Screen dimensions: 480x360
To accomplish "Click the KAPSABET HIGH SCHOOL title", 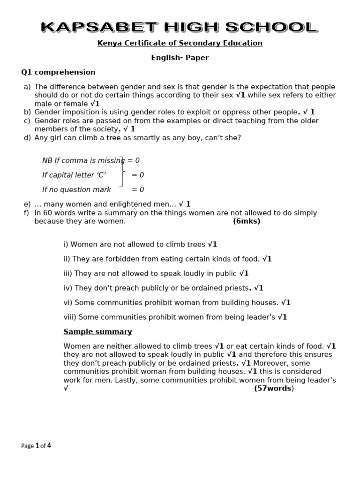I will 180,28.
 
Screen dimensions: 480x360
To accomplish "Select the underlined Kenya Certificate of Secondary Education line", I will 180,43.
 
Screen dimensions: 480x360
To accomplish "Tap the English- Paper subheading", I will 180,58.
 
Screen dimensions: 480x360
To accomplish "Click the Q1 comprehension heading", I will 58,72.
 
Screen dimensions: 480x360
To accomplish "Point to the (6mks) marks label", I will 247,221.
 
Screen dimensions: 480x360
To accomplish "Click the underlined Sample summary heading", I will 97,331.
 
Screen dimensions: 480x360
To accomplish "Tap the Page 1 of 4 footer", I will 36,446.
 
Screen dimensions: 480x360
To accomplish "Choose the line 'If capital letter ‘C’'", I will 74,175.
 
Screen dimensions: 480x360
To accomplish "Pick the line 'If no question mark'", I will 76,189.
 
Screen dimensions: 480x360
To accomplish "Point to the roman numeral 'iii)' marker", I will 68,273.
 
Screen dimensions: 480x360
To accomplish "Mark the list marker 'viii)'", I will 70,317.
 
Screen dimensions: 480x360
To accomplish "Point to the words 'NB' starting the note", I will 47,160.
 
